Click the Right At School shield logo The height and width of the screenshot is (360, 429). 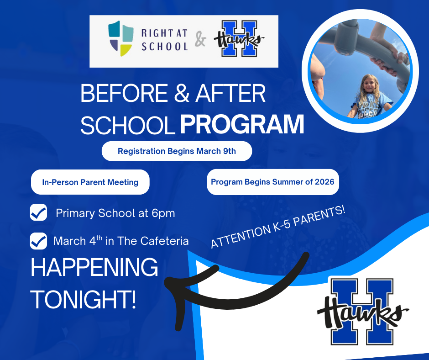[x=120, y=38]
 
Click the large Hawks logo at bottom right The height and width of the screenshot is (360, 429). [x=362, y=312]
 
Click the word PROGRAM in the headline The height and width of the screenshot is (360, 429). [x=242, y=125]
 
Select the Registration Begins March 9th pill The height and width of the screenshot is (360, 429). [x=177, y=151]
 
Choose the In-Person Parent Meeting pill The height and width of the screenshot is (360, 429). [x=90, y=182]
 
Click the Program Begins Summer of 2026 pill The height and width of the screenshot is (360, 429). [x=272, y=182]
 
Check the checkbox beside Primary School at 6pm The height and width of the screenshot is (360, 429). [x=38, y=213]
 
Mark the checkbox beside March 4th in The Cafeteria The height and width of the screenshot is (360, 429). [x=38, y=241]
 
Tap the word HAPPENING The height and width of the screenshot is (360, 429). [x=94, y=268]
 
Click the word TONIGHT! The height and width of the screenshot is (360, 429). [x=83, y=299]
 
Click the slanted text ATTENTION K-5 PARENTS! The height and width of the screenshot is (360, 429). [x=277, y=227]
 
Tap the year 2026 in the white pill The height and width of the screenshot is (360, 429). [x=324, y=182]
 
